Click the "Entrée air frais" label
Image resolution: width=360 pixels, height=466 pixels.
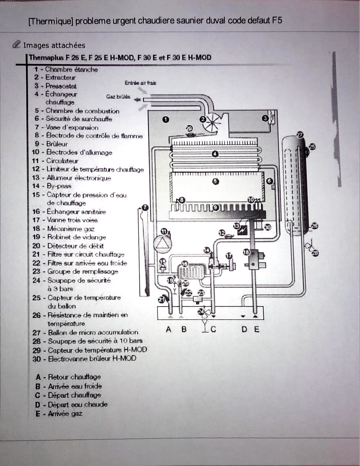coord(140,83)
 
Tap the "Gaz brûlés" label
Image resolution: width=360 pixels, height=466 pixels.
coord(118,97)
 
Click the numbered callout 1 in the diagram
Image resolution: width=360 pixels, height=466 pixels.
coord(165,119)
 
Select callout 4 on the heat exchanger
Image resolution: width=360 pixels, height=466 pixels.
coord(215,154)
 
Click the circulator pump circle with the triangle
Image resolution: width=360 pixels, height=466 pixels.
coord(161,244)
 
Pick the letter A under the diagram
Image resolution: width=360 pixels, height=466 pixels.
coord(169,330)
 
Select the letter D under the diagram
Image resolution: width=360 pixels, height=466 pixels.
coord(244,330)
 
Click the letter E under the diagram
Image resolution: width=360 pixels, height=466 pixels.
coord(257,330)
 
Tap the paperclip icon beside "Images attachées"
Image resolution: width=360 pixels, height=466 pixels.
coord(17,45)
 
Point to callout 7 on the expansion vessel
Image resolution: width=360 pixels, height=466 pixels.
coord(145,208)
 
